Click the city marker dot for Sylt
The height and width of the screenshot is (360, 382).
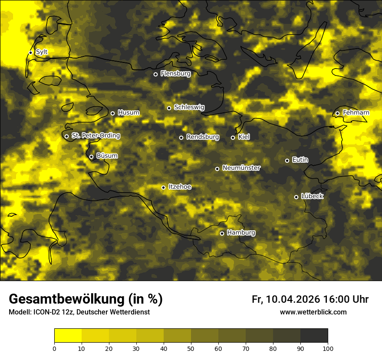pos(30,52)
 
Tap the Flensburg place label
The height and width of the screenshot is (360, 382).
pos(175,74)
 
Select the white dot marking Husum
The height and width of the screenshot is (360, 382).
pos(112,113)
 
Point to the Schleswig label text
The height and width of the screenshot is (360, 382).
pos(189,107)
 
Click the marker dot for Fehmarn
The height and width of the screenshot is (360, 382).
pos(337,113)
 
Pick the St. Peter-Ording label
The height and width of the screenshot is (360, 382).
pos(95,136)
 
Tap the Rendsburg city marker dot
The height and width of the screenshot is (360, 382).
pos(181,137)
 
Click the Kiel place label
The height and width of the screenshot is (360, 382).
pos(244,137)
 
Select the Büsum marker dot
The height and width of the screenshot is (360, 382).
pos(91,157)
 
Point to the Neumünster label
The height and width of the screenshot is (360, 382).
pos(241,168)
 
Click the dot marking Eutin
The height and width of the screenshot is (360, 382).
pos(287,160)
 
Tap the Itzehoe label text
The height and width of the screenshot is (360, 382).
pos(180,187)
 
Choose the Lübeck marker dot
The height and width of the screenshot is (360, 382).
pos(296,197)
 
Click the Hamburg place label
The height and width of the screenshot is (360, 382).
pos(241,233)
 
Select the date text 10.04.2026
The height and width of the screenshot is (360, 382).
pos(293,299)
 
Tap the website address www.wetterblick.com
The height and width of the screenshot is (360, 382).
pos(313,312)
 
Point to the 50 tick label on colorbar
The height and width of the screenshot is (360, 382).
pos(191,348)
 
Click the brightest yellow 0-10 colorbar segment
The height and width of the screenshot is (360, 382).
pos(68,336)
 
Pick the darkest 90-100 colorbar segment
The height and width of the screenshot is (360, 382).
pos(314,336)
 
